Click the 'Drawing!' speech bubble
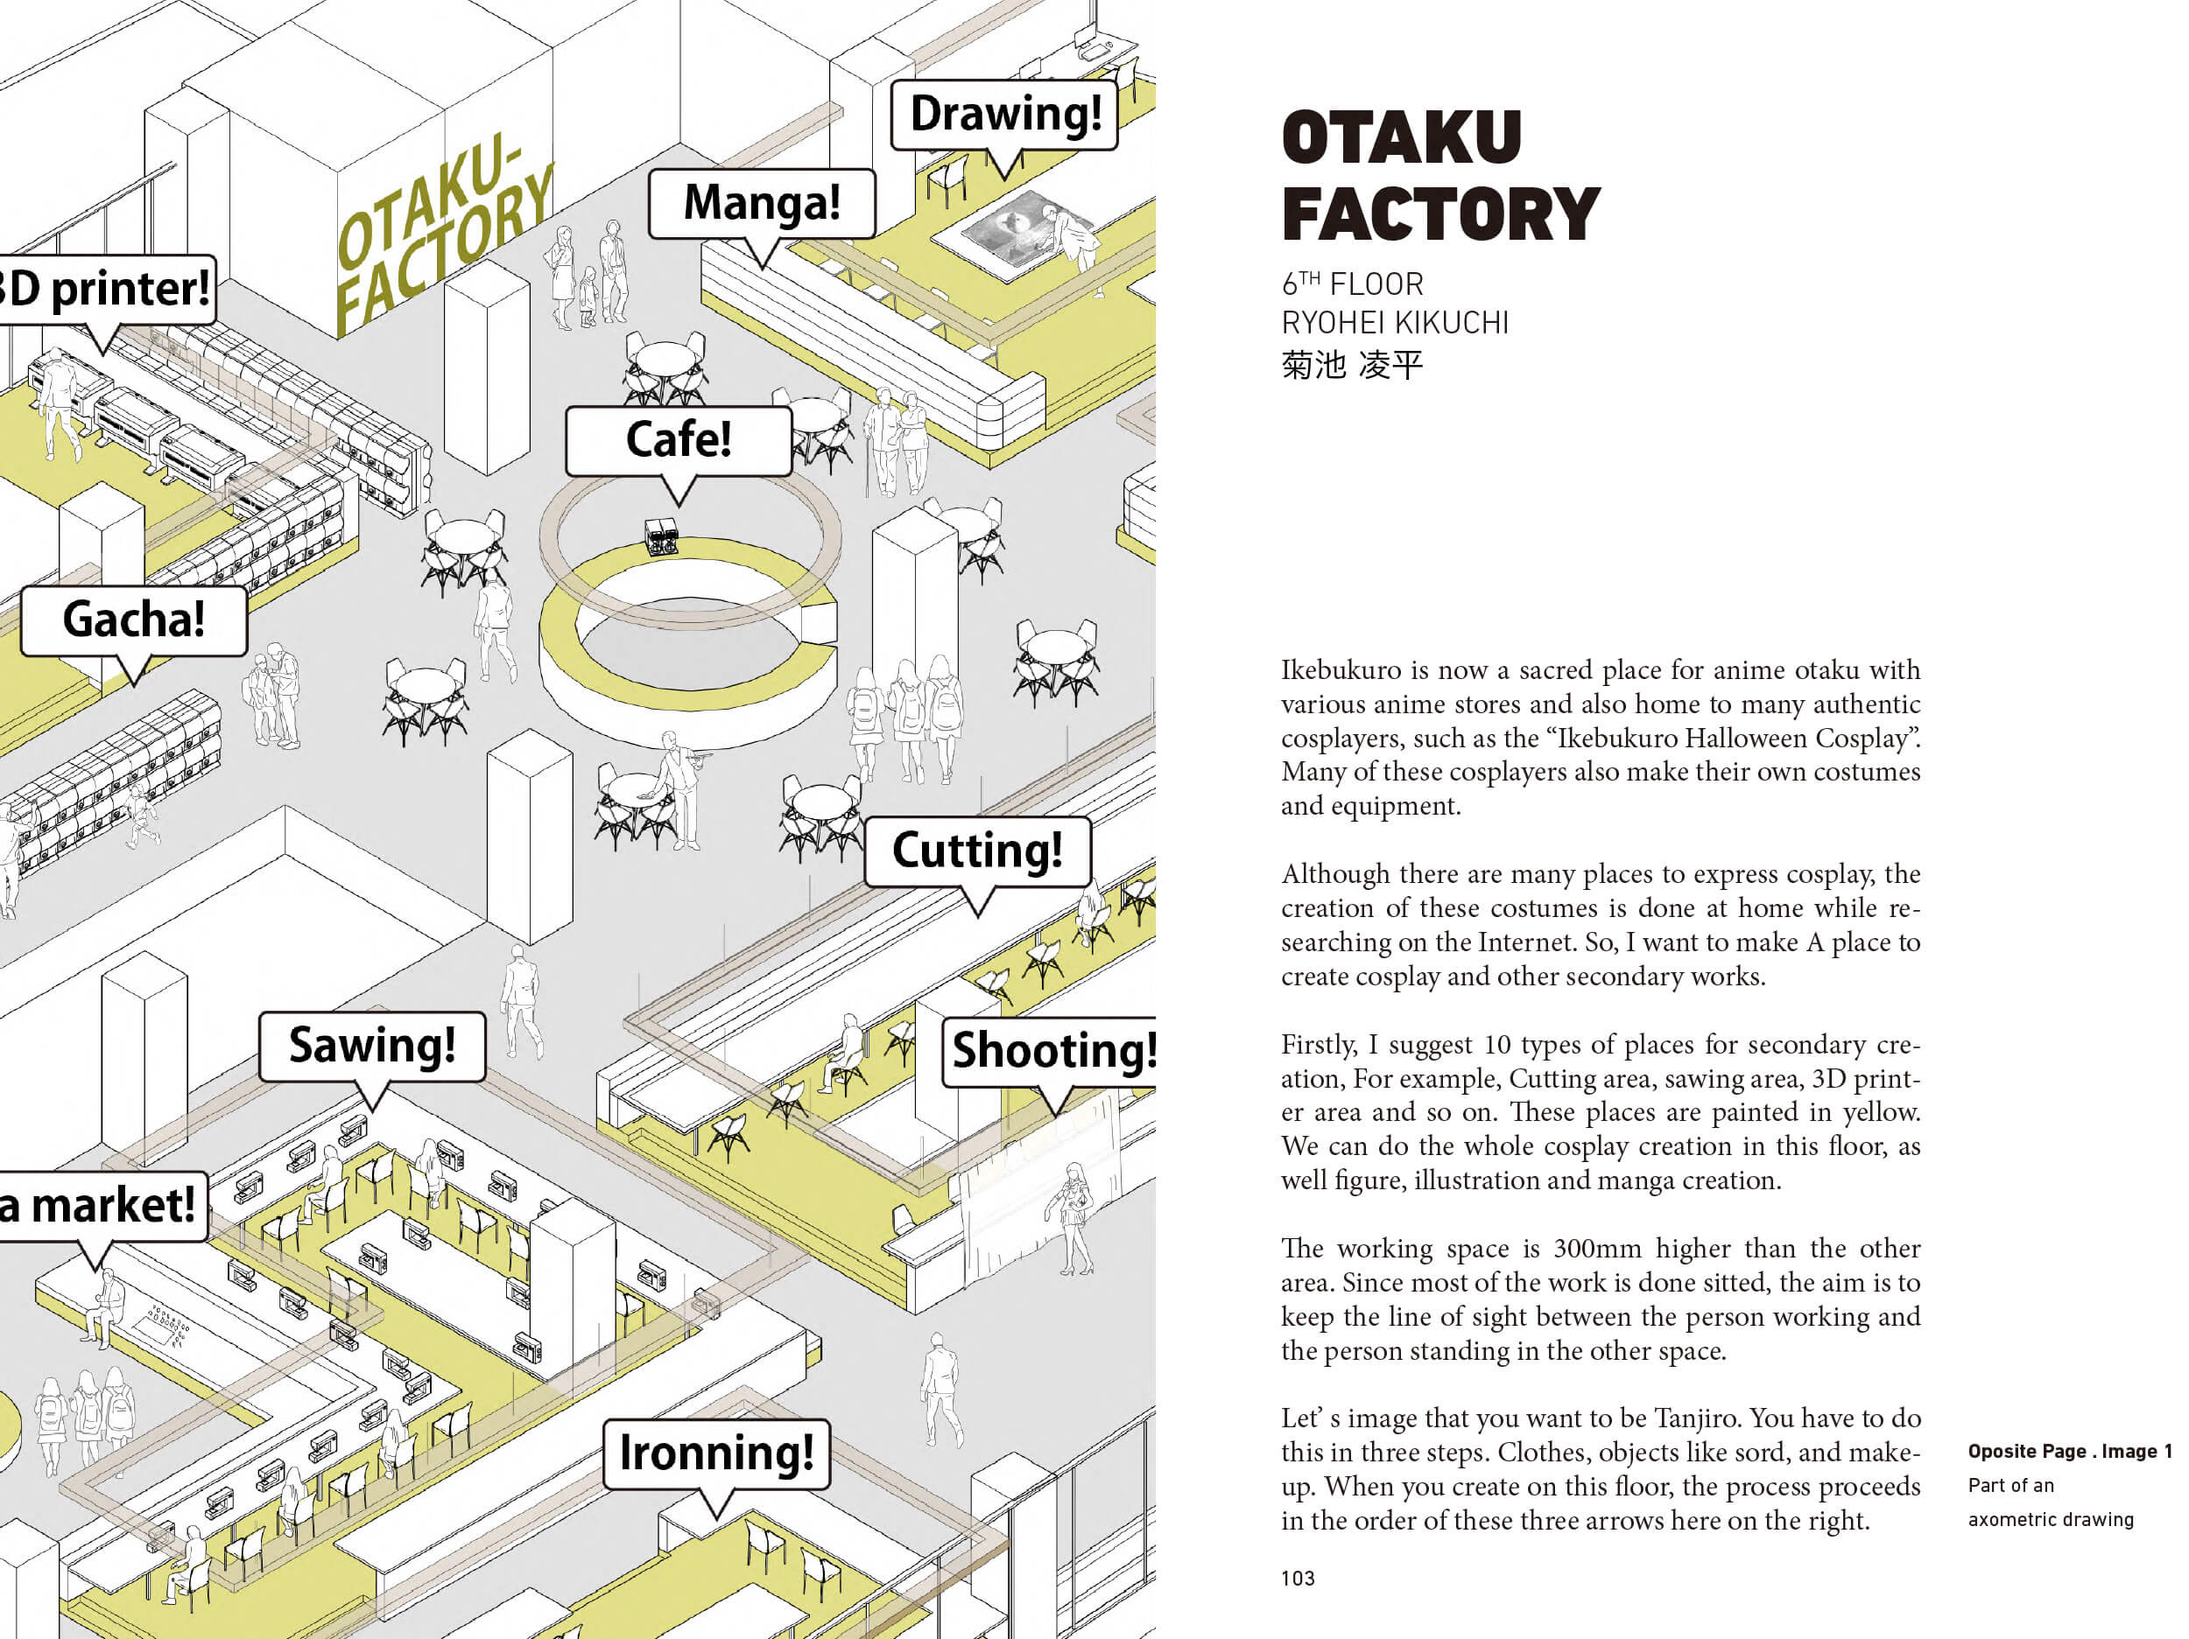pyautogui.click(x=1004, y=114)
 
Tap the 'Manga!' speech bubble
pyautogui.click(x=762, y=203)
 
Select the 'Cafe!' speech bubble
pyautogui.click(x=679, y=440)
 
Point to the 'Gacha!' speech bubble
pyautogui.click(x=134, y=620)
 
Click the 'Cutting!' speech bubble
pyautogui.click(x=978, y=851)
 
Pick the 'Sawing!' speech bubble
pyautogui.click(x=372, y=1046)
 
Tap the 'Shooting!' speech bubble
pyautogui.click(x=1051, y=1050)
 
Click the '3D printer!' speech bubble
pyautogui.click(x=106, y=289)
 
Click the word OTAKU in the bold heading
pyautogui.click(x=1401, y=137)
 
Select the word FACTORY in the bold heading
pyautogui.click(x=1439, y=214)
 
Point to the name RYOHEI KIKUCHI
pyautogui.click(x=1394, y=324)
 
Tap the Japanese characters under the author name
pyautogui.click(x=1352, y=365)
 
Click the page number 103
pyautogui.click(x=1298, y=1579)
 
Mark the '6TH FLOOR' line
pyautogui.click(x=1352, y=285)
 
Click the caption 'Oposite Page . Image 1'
pyautogui.click(x=2069, y=1451)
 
